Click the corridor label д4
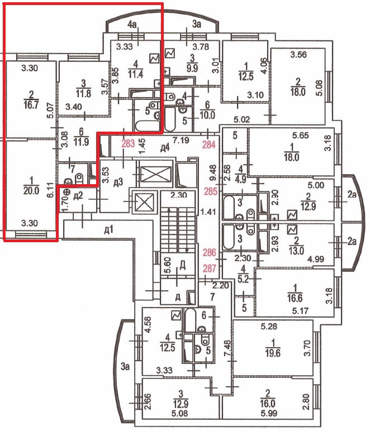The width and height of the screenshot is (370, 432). coord(164,148)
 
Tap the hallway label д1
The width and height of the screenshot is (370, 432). coord(109,229)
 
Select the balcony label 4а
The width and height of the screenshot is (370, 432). coord(132,25)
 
